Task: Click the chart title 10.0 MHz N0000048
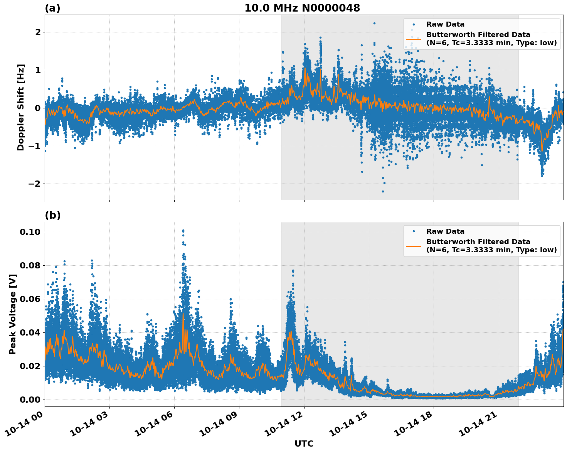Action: click(x=302, y=8)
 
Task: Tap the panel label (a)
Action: click(x=52, y=8)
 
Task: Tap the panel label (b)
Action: click(x=52, y=215)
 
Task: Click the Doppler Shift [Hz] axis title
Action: click(x=21, y=107)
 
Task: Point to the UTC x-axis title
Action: click(x=304, y=444)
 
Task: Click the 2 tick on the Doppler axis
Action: click(x=38, y=32)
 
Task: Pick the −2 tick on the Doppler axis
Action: click(x=34, y=184)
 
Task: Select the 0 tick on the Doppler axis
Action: click(x=38, y=108)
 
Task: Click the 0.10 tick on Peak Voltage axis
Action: click(x=30, y=232)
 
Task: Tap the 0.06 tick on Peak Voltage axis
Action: click(x=30, y=299)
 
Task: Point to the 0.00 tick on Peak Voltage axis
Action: click(x=30, y=400)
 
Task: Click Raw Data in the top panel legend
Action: click(x=445, y=24)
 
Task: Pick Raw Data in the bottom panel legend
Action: click(x=445, y=231)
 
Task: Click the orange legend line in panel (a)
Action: click(x=413, y=39)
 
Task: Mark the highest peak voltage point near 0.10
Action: click(x=183, y=231)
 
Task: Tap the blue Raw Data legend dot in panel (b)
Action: click(x=413, y=231)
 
